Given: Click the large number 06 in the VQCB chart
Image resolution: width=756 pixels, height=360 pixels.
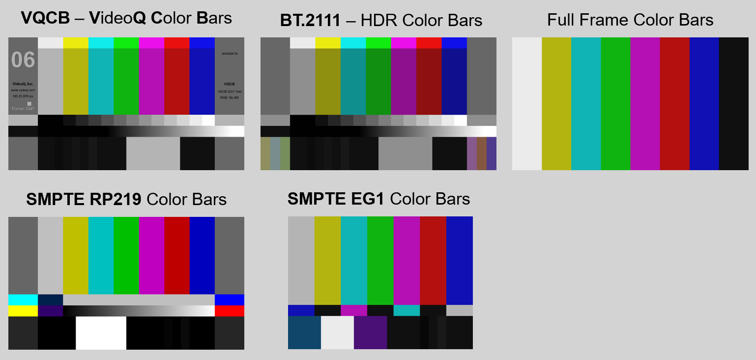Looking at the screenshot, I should (23, 60).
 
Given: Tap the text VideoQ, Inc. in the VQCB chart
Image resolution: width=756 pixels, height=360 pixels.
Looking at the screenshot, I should (23, 84).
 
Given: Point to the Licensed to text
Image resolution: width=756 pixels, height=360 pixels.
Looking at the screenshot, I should (230, 53).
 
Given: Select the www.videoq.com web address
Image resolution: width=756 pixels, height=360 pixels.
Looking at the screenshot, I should (23, 90).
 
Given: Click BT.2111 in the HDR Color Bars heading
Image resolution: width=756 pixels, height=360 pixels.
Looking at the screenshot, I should (310, 21).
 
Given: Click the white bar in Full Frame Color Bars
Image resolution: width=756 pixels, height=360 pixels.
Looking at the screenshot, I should (527, 104).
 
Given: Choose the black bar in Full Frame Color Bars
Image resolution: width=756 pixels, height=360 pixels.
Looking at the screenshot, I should (733, 104).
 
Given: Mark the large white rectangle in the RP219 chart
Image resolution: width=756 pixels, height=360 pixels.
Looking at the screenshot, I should (101, 333).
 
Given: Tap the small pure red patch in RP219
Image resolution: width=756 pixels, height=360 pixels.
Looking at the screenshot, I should (229, 311).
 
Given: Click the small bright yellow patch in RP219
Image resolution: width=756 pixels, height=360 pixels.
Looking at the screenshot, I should (23, 311).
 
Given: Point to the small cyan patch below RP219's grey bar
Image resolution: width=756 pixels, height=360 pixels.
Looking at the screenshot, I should (23, 300).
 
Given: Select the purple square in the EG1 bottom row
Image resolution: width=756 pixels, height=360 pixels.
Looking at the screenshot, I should (370, 332).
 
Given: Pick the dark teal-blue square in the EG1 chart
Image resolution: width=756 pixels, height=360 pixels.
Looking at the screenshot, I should (304, 332).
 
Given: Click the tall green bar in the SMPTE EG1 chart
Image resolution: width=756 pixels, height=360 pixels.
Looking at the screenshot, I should (380, 261).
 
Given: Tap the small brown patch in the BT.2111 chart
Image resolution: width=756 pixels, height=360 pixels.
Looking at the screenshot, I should (481, 153).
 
